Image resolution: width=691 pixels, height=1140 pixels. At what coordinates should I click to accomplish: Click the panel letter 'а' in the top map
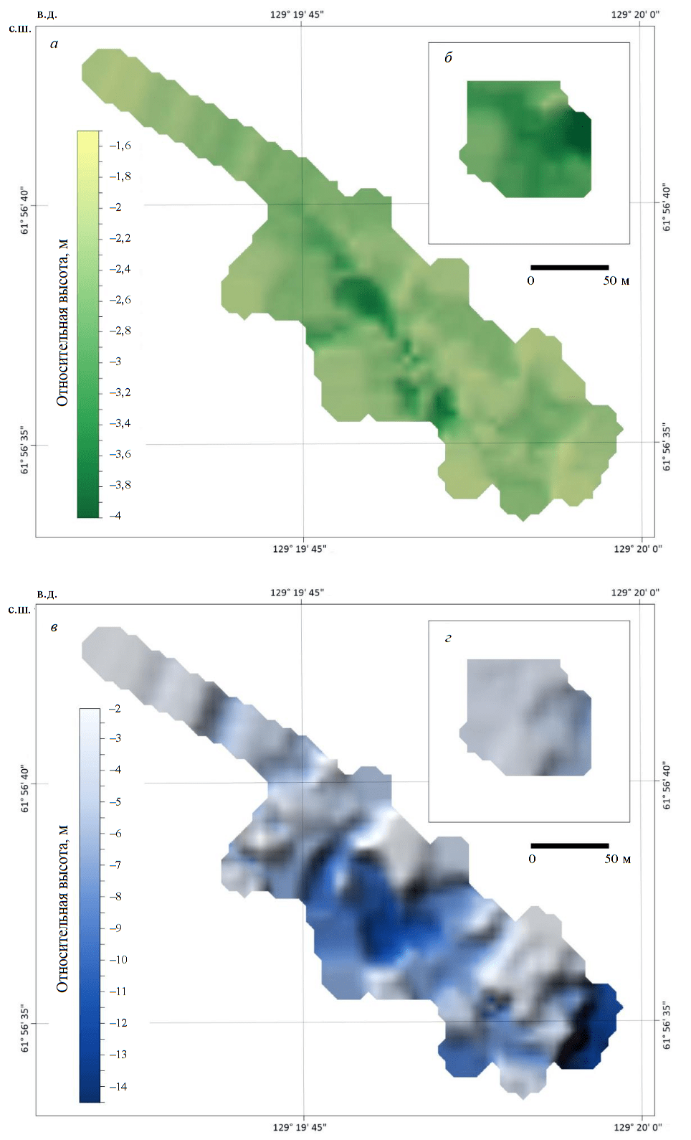click(x=54, y=44)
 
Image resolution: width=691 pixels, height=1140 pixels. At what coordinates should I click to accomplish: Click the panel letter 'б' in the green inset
click(x=448, y=58)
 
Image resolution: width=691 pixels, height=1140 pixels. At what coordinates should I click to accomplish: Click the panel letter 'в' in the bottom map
click(x=54, y=628)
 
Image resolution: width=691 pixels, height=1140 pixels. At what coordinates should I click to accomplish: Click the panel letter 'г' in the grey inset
click(x=448, y=638)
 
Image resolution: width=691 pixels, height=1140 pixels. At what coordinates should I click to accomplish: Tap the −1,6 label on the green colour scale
click(x=120, y=146)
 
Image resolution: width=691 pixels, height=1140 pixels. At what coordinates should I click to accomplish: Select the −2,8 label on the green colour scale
click(x=120, y=331)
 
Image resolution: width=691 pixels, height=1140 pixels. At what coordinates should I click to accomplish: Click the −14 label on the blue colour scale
click(x=118, y=1086)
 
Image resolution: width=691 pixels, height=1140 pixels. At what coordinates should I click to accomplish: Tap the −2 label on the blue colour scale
click(x=115, y=709)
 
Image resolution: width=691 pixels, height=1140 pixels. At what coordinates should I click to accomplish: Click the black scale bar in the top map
click(x=569, y=268)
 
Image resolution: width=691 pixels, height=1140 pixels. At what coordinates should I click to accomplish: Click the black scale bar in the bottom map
click(x=569, y=846)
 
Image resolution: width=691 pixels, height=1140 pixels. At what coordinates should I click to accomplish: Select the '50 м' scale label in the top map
click(x=616, y=281)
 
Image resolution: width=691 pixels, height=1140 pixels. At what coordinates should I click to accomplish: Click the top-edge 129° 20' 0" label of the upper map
click(x=635, y=14)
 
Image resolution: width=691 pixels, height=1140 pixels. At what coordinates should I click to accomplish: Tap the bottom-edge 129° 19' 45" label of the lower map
click(x=299, y=1127)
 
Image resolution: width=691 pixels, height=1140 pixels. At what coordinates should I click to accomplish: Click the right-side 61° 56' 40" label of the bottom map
click(x=667, y=786)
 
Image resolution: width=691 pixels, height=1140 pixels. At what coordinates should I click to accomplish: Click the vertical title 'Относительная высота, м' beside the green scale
click(x=62, y=322)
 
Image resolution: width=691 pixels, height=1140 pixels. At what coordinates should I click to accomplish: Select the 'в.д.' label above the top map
click(x=47, y=14)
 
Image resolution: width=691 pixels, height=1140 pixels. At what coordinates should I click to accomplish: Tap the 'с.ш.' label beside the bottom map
click(x=19, y=610)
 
